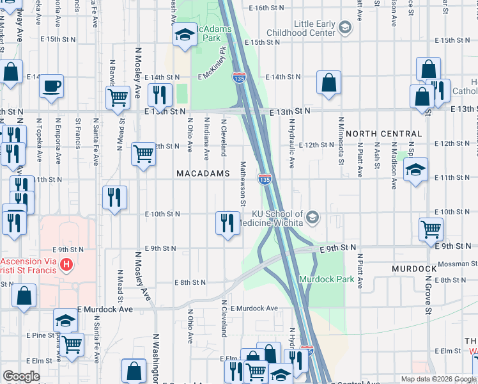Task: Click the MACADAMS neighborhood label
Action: coord(203,174)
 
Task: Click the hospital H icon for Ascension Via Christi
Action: coord(65,264)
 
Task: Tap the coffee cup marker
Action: coord(51,86)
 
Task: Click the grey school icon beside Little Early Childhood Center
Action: coord(345,27)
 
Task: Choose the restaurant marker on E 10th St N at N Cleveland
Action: coord(227,223)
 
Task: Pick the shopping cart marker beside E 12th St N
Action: coord(144,154)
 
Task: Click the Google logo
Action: coord(21,376)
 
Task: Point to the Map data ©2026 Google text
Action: coord(438,379)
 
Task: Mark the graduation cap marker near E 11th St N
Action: coord(415,170)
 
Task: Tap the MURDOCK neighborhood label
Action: coord(414,268)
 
